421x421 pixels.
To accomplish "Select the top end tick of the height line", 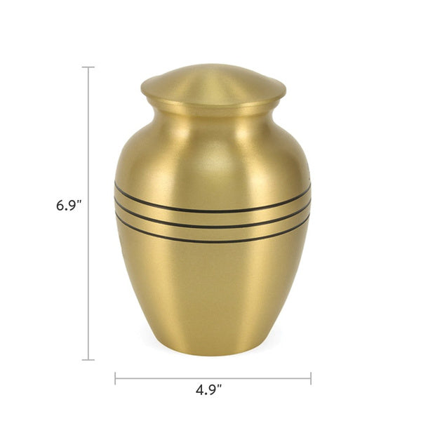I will (88, 67).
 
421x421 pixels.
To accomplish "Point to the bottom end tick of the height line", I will (88, 360).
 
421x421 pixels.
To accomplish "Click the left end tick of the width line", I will (115, 379).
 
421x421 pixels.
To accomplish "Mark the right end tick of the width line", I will (311, 379).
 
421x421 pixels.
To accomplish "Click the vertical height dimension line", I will (88, 281).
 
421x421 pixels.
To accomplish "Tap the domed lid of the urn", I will (213, 81).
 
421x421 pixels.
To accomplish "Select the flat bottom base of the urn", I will (213, 351).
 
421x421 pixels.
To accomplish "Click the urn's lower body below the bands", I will (213, 295).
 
